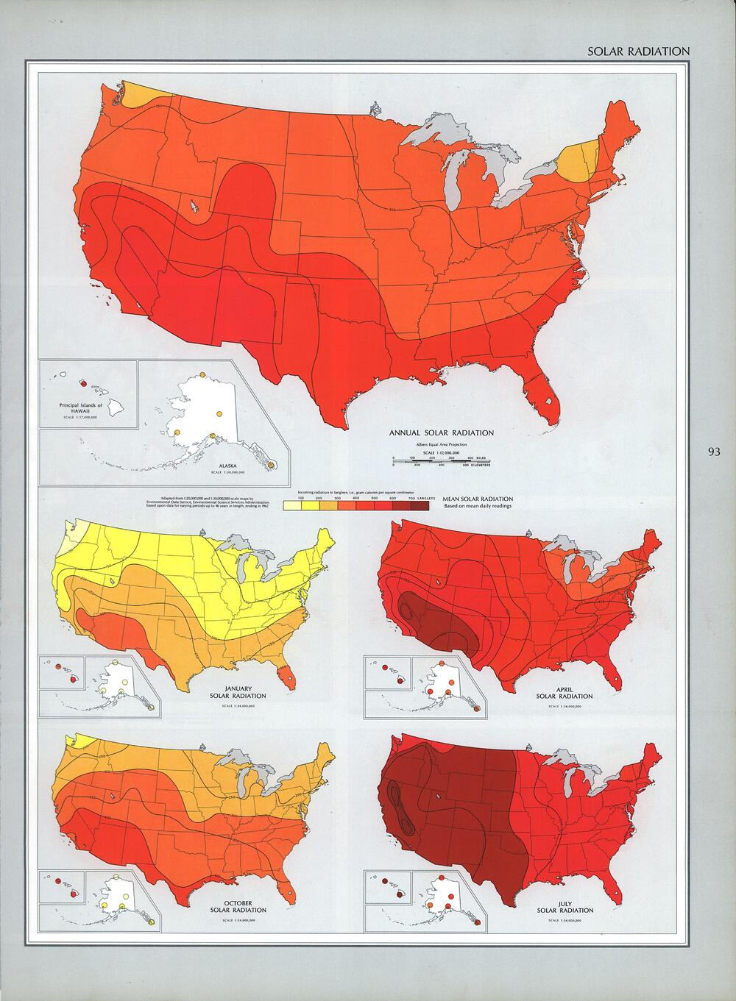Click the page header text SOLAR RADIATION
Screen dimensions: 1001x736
(x=638, y=51)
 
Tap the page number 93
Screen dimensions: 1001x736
(x=714, y=452)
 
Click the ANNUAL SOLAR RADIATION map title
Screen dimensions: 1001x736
(x=441, y=433)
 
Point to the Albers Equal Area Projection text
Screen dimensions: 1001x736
(x=441, y=446)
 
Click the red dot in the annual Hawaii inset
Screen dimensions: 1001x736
(x=83, y=382)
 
